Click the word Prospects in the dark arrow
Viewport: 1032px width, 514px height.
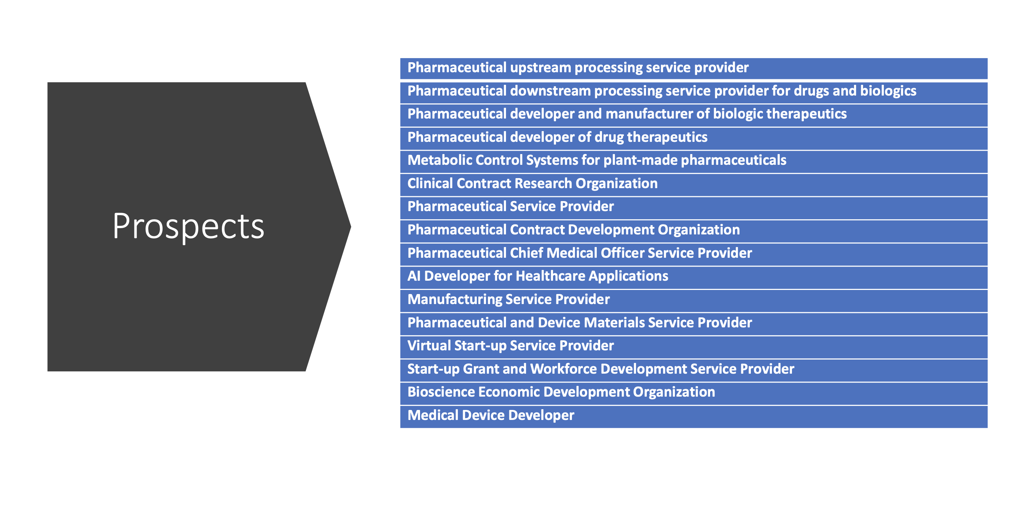188,226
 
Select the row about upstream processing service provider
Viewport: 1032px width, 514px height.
578,68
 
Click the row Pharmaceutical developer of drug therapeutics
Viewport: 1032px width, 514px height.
557,137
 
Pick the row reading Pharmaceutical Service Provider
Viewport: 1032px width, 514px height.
510,207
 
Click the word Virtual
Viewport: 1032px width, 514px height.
429,346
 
